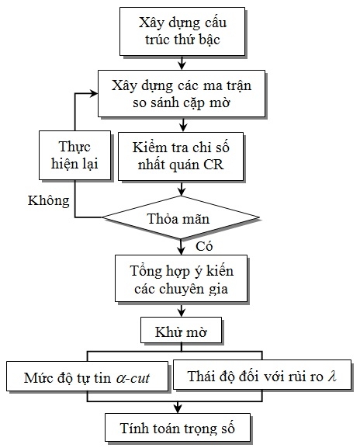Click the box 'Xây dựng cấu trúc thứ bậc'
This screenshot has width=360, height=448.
tap(182, 31)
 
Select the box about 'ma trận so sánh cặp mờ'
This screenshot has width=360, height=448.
tap(182, 93)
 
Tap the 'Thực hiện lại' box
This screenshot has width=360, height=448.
tap(74, 155)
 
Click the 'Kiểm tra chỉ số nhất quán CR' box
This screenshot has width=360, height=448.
tap(181, 156)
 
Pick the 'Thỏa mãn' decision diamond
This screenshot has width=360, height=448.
tap(181, 217)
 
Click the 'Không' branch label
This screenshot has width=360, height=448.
tap(49, 200)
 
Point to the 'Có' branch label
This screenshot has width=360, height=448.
tap(204, 247)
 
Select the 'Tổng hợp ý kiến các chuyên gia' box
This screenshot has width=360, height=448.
tap(181, 278)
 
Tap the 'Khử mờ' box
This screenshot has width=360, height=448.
tap(181, 330)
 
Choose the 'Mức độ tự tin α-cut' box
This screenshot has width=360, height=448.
tap(88, 377)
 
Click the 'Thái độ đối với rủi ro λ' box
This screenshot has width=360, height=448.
tap(262, 374)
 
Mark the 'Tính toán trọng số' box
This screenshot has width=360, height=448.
tap(178, 428)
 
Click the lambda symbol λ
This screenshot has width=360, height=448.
tap(332, 376)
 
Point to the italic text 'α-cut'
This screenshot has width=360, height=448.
tap(133, 378)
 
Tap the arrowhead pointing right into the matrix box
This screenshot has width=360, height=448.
tap(94, 93)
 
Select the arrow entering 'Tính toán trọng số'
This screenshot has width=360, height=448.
tap(178, 408)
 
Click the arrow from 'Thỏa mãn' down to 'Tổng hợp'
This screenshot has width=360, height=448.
tap(181, 247)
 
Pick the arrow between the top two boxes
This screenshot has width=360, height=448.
tap(182, 63)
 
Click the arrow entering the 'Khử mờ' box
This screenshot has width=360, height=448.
tap(181, 310)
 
